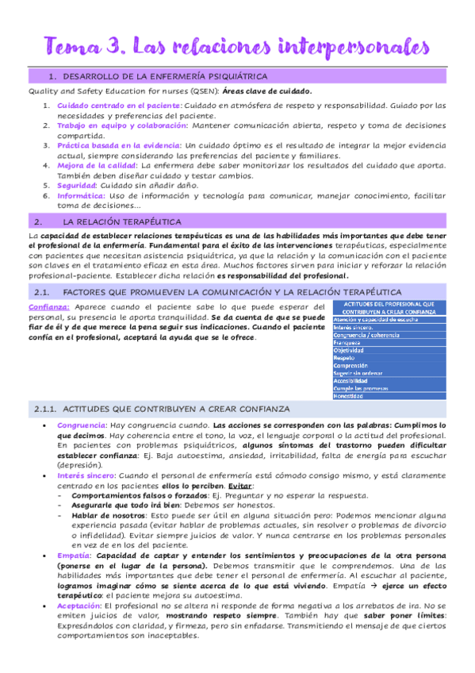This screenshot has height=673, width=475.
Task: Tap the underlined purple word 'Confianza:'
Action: [x=49, y=306]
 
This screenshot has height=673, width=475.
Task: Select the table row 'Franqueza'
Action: [x=350, y=343]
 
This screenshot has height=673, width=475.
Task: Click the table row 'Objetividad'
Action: [x=349, y=350]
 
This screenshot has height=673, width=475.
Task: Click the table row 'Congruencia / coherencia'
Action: [x=366, y=335]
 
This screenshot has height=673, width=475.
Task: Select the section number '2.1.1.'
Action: [x=44, y=408]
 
